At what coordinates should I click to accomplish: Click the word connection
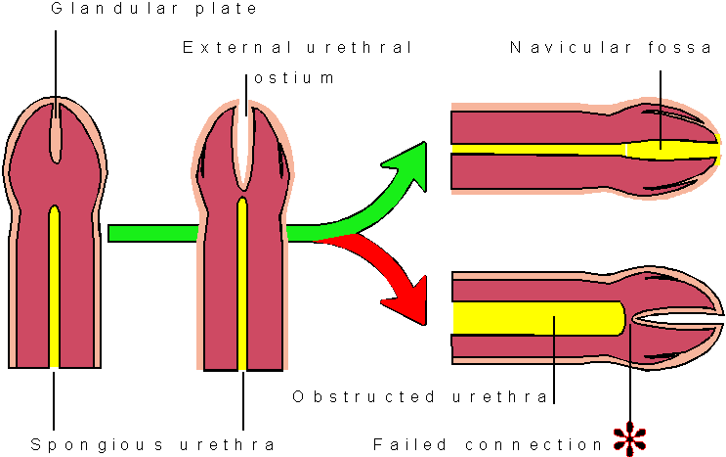(534, 443)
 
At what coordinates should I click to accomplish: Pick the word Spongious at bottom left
(84, 443)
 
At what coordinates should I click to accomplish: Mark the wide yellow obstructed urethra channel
(537, 319)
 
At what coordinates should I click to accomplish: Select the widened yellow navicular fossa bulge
(664, 150)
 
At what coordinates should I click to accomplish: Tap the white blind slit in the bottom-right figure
(679, 319)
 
